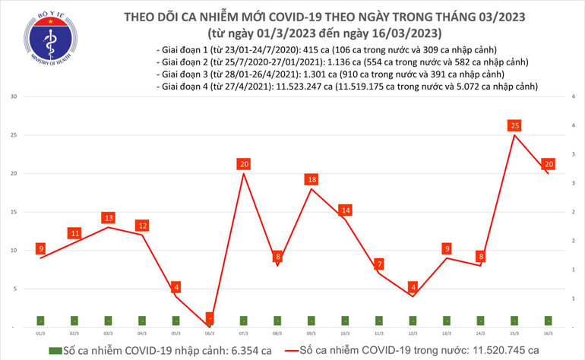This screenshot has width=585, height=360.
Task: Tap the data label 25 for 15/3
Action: [515, 125]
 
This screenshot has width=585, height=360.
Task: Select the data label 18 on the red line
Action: [311, 179]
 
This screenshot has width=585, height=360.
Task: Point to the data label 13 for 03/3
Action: [108, 218]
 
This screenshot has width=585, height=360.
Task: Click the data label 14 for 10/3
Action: [346, 210]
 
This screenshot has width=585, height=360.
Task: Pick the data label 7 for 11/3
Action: [378, 264]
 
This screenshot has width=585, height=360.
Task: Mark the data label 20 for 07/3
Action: [243, 164]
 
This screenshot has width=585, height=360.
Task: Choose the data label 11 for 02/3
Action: [74, 233]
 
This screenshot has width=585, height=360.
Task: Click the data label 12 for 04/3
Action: [142, 226]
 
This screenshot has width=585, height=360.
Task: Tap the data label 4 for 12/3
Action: [413, 287]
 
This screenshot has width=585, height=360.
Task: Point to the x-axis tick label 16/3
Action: [549, 333]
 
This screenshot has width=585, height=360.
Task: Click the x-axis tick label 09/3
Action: [311, 333]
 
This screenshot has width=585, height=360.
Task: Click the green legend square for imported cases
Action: [54, 350]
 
